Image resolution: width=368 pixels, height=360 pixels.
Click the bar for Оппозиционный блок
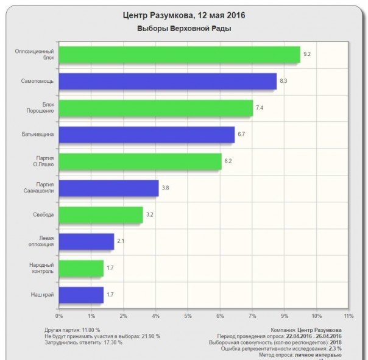click(x=179, y=54)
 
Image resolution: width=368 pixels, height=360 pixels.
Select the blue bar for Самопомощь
click(x=168, y=81)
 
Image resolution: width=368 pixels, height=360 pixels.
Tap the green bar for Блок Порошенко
click(x=155, y=108)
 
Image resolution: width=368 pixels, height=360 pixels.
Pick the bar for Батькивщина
click(x=146, y=135)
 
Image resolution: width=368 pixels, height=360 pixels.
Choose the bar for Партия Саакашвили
click(x=108, y=188)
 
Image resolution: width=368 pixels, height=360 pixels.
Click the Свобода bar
click(x=101, y=214)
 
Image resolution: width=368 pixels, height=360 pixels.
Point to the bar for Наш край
click(x=81, y=295)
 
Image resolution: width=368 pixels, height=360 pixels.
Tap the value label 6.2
click(x=228, y=161)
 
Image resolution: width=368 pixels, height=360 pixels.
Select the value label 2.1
click(x=121, y=241)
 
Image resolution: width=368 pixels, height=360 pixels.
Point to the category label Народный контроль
click(x=41, y=268)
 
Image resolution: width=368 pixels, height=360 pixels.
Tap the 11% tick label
click(x=349, y=316)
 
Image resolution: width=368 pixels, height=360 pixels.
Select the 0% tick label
click(x=59, y=316)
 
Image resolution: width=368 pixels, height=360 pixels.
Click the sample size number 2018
click(x=336, y=342)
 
